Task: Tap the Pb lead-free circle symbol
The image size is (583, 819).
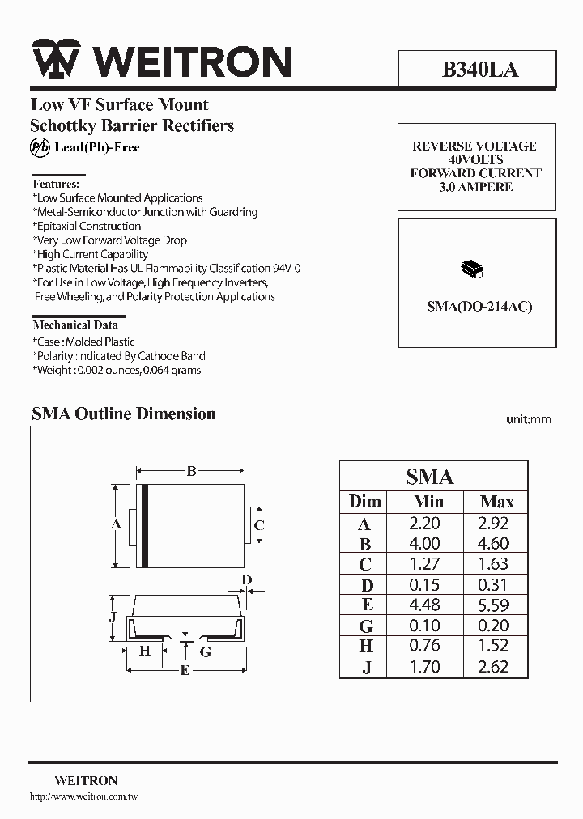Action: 40,147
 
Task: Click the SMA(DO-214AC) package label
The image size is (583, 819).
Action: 479,307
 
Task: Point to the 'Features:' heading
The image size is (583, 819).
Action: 56,184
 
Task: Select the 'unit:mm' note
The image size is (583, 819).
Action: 528,419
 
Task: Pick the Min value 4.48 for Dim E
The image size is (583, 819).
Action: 425,605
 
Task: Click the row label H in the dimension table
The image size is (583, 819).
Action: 366,646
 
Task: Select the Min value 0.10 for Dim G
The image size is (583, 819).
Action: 425,626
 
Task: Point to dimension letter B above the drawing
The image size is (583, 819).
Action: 192,471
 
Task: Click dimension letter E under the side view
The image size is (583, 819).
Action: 185,669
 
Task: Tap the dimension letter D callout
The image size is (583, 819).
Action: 248,580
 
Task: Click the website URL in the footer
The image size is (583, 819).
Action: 83,797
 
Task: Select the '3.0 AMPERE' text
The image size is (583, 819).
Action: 476,187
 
